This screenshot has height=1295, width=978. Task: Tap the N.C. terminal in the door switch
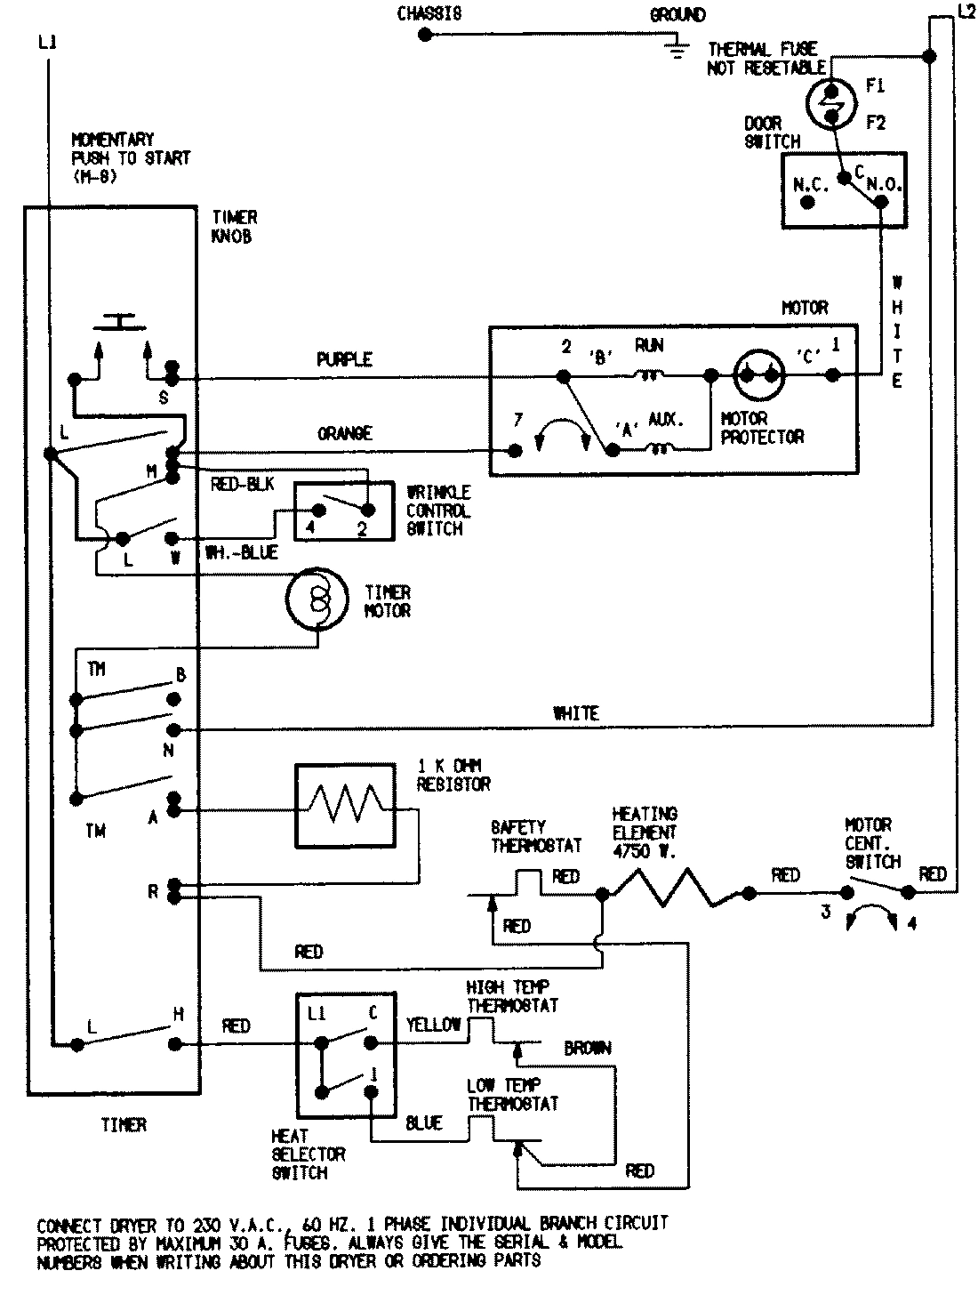point(808,202)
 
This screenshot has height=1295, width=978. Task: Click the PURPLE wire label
point(344,360)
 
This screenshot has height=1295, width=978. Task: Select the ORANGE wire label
point(344,433)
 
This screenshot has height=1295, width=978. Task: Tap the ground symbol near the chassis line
point(677,49)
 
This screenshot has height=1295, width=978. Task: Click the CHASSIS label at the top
point(429,13)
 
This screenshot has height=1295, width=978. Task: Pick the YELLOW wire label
point(434,1025)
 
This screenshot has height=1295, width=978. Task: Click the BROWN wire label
point(587,1049)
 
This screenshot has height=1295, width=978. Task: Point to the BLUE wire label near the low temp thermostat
point(424,1123)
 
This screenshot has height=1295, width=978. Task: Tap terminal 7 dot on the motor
point(514,451)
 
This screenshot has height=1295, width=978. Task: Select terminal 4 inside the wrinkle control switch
point(317,511)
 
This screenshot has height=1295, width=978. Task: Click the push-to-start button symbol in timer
point(122,322)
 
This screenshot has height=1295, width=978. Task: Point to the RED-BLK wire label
point(243,484)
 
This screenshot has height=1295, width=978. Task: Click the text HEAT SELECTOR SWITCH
point(308,1154)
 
